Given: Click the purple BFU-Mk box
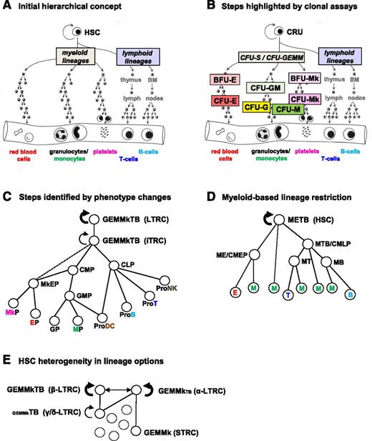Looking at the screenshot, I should (303, 79).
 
